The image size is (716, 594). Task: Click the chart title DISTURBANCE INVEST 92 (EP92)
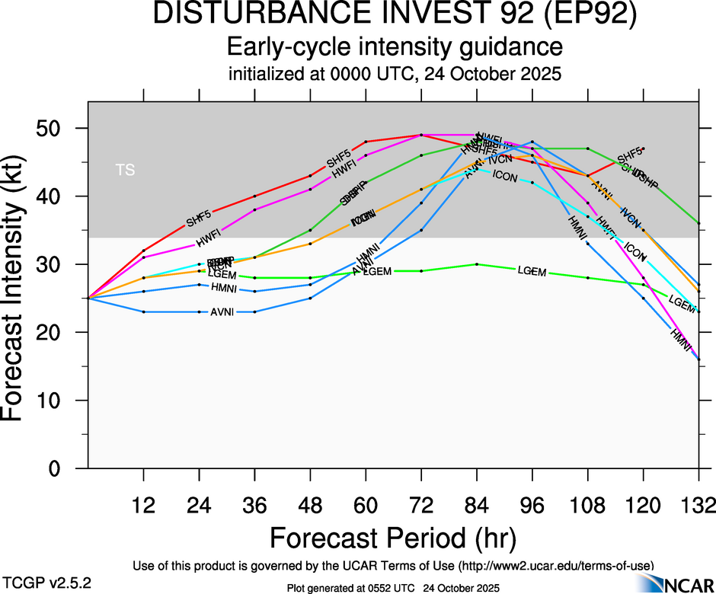(x=395, y=15)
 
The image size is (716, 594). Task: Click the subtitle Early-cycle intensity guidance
(x=395, y=47)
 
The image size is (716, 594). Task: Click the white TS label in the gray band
(x=126, y=170)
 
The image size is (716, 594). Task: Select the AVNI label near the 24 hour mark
(x=222, y=312)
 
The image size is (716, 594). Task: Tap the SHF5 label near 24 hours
(x=199, y=220)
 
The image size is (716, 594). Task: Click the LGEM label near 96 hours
(x=532, y=271)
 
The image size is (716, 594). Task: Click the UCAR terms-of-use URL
(x=555, y=565)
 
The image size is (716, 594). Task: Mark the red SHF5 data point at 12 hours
(x=143, y=251)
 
